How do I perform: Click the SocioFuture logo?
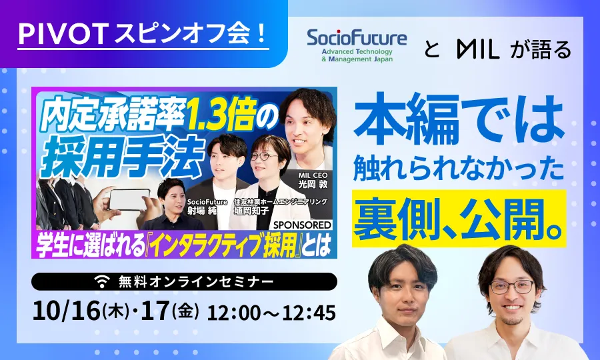pyautogui.click(x=357, y=45)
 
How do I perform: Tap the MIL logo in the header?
pyautogui.click(x=478, y=49)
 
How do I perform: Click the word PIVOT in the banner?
pyautogui.click(x=63, y=35)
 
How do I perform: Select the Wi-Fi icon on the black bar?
pyautogui.click(x=101, y=282)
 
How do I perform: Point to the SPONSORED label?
pyautogui.click(x=302, y=225)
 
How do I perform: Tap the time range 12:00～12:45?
pyautogui.click(x=271, y=313)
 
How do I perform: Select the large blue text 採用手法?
pyautogui.click(x=123, y=157)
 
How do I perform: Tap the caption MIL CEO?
pyautogui.click(x=313, y=175)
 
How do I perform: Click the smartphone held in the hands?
pyautogui.click(x=129, y=199)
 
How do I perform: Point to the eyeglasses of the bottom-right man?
pyautogui.click(x=512, y=287)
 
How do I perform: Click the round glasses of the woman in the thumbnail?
pyautogui.click(x=263, y=156)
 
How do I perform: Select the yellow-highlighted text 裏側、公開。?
pyautogui.click(x=459, y=219)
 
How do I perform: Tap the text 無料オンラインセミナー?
pyautogui.click(x=196, y=282)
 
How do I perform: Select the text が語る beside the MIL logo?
pyautogui.click(x=541, y=49)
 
